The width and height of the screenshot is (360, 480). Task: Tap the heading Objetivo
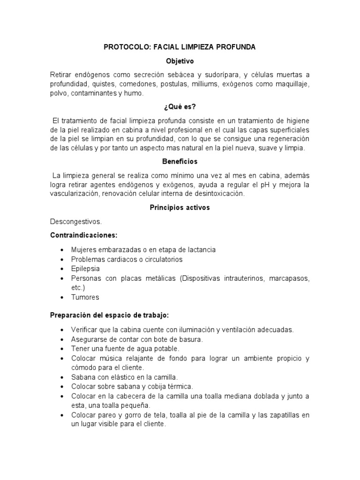tap(180, 61)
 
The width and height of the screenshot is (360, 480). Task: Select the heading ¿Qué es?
tap(180, 106)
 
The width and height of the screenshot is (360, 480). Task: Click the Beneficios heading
tap(180, 161)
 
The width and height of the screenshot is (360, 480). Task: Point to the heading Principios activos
tap(180, 207)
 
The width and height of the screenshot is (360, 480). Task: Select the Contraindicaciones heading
tap(83, 235)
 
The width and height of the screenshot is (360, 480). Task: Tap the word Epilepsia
tap(85, 269)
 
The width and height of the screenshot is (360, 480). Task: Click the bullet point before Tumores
tap(62, 297)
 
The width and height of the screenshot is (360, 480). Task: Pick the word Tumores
tap(85, 297)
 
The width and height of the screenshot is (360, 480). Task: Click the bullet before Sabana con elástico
tap(62, 377)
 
